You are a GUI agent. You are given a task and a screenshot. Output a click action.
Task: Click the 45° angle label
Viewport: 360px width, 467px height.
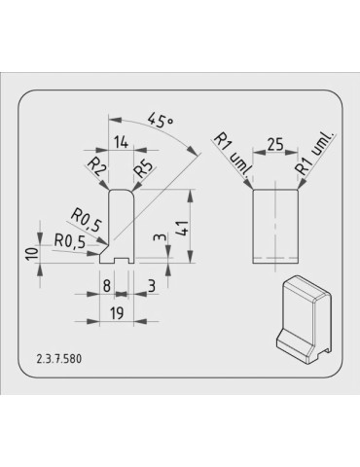click(x=161, y=121)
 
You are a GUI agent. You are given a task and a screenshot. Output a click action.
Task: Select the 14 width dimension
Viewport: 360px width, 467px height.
click(x=121, y=142)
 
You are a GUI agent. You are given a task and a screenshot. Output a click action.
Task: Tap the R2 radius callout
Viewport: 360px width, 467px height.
click(x=96, y=166)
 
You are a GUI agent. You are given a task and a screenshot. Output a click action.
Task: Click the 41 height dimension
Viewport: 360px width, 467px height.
click(x=183, y=227)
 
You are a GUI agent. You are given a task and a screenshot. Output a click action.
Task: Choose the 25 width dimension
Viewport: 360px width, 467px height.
click(x=275, y=144)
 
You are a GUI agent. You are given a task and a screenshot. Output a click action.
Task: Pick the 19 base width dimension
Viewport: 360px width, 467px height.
click(x=117, y=313)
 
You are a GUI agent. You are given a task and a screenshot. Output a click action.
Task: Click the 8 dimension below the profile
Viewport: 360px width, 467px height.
click(x=107, y=286)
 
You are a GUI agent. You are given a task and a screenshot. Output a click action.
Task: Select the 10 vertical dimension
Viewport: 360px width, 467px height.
click(x=33, y=253)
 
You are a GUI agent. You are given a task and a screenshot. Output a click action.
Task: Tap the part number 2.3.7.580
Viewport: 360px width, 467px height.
click(x=59, y=359)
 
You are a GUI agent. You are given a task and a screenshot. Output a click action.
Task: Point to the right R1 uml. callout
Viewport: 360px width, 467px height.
click(x=315, y=153)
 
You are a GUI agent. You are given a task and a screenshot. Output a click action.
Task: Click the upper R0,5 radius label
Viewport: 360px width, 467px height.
click(x=86, y=220)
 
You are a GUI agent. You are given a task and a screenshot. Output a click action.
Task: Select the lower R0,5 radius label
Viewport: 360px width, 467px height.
click(x=70, y=241)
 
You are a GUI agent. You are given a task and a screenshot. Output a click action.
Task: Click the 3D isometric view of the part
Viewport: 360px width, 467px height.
click(x=304, y=319)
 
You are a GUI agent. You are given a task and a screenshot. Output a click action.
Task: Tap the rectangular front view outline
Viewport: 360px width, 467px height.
click(x=275, y=226)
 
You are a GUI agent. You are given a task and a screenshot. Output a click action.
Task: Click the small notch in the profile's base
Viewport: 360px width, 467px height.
click(x=122, y=261)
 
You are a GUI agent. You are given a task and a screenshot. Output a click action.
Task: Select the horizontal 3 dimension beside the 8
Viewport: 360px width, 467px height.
click(x=152, y=286)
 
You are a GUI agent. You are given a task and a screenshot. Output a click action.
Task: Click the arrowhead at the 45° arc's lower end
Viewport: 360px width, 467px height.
click(x=193, y=150)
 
